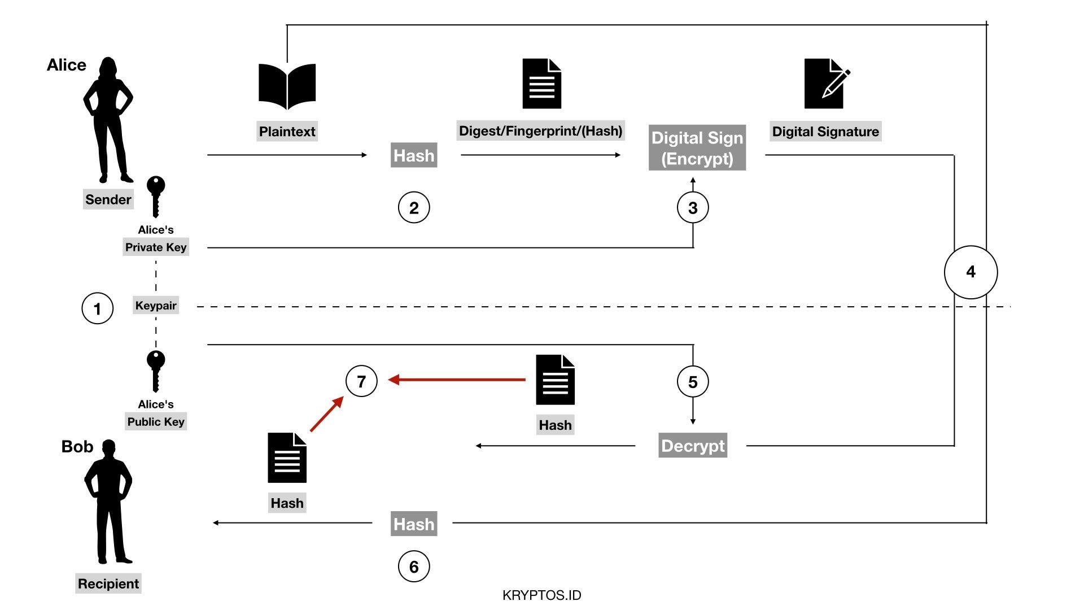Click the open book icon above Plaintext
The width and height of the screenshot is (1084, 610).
point(287,86)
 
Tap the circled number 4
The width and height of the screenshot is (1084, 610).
point(971,272)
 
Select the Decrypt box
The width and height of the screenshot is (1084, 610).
point(693,446)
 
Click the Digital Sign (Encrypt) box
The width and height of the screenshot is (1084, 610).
point(697,148)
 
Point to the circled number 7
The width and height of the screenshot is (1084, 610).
point(361,381)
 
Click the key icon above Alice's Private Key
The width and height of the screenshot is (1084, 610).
point(156,197)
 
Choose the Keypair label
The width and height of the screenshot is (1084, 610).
point(156,306)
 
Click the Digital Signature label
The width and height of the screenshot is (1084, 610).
point(825,132)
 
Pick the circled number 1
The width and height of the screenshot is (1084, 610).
point(98,308)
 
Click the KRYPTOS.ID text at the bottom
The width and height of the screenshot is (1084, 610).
point(542,595)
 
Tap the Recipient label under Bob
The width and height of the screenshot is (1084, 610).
point(108,583)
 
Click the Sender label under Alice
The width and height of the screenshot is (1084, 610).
point(108,199)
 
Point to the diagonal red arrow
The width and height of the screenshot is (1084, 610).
point(327,414)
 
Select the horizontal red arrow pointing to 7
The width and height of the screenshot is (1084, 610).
point(457,380)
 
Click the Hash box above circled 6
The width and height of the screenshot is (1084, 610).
point(414,524)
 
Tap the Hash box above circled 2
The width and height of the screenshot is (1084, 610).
point(414,155)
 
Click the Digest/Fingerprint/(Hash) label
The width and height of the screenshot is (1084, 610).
point(541,131)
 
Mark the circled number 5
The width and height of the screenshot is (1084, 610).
point(693,382)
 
